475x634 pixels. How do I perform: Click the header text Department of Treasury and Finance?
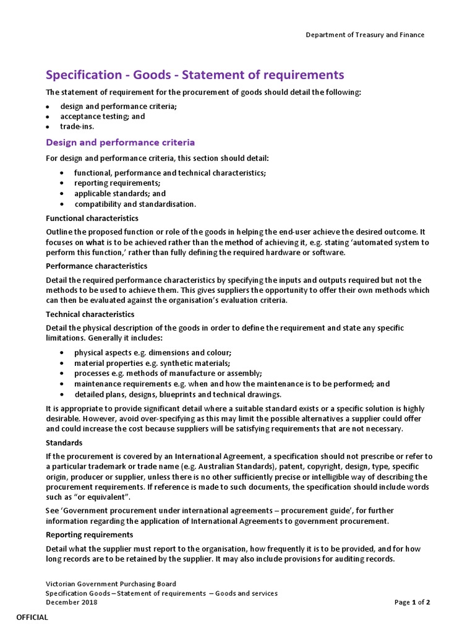pyautogui.click(x=365, y=35)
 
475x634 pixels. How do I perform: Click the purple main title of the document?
pyautogui.click(x=195, y=75)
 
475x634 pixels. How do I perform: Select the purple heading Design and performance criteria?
pyautogui.click(x=121, y=142)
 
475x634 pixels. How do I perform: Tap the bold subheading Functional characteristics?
pyautogui.click(x=92, y=218)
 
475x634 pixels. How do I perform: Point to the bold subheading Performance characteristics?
pyautogui.click(x=96, y=266)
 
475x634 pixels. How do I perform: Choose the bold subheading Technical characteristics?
pyautogui.click(x=90, y=314)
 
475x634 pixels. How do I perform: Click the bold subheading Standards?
pyautogui.click(x=64, y=443)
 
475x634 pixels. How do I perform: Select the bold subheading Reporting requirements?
pyautogui.click(x=90, y=534)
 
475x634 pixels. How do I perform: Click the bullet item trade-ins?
pyautogui.click(x=77, y=126)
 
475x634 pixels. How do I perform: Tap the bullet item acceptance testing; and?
pyautogui.click(x=103, y=116)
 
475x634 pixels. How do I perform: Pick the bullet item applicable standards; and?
pyautogui.click(x=120, y=193)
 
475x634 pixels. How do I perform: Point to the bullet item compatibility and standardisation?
pyautogui.click(x=135, y=204)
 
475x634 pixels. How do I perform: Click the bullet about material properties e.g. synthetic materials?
pyautogui.click(x=152, y=363)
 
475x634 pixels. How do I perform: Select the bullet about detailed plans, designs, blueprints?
pyautogui.click(x=178, y=394)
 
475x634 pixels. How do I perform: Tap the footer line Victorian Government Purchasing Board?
pyautogui.click(x=111, y=584)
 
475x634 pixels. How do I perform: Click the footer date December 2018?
pyautogui.click(x=72, y=602)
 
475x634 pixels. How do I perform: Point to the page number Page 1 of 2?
pyautogui.click(x=412, y=602)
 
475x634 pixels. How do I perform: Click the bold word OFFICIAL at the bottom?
pyautogui.click(x=32, y=617)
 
